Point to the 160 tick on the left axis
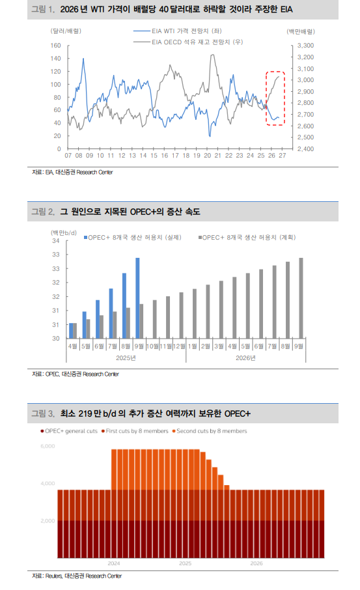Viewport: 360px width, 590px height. click(x=56, y=46)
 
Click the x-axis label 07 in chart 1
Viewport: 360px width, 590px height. click(x=68, y=156)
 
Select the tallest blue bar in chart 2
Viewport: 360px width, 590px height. click(x=137, y=298)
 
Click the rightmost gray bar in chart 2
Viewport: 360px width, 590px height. click(x=301, y=298)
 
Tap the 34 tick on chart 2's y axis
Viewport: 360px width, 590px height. click(x=56, y=241)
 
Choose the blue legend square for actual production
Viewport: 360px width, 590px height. click(x=86, y=238)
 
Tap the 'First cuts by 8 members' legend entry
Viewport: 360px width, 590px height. click(x=133, y=431)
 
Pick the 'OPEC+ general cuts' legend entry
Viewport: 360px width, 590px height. click(x=68, y=431)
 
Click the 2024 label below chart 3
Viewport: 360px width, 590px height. click(x=114, y=562)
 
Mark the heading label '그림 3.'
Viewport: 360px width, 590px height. click(x=44, y=414)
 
